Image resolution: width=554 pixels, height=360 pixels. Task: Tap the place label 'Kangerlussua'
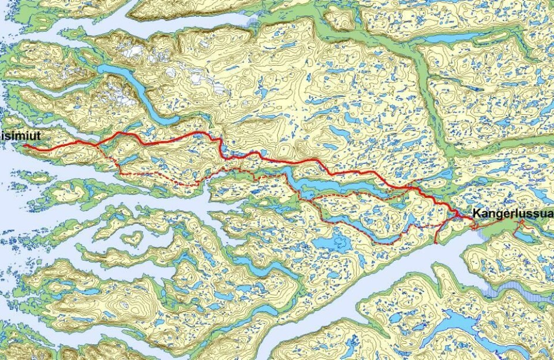[x=512, y=214]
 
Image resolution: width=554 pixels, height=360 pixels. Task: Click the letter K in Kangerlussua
[x=477, y=214]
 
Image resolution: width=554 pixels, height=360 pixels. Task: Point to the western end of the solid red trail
[x=25, y=146]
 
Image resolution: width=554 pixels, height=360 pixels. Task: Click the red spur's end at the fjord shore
[x=435, y=243]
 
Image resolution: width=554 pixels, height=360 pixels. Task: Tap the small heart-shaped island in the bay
[x=132, y=238]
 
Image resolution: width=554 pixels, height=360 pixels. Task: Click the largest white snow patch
[x=134, y=52]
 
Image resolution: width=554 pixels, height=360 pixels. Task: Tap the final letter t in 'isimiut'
[x=39, y=134]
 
